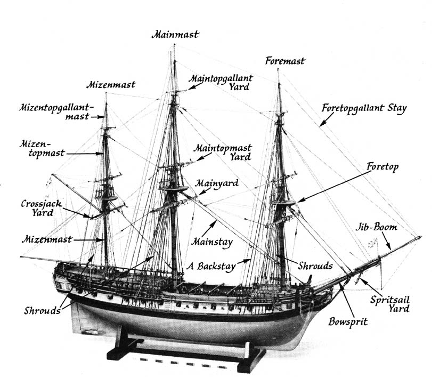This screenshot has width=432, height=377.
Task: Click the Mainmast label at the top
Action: pyautogui.click(x=175, y=35)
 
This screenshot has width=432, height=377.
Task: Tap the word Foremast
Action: pyautogui.click(x=285, y=61)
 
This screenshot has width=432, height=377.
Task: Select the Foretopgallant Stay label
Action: pyautogui.click(x=364, y=108)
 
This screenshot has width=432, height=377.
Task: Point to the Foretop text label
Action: pyautogui.click(x=382, y=167)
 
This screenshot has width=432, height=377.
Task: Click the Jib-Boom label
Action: pyautogui.click(x=377, y=227)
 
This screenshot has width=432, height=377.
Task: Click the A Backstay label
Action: pyautogui.click(x=211, y=266)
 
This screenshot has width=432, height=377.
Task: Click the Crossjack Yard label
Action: pyautogui.click(x=37, y=208)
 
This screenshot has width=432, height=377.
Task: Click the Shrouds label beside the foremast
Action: pyautogui.click(x=315, y=265)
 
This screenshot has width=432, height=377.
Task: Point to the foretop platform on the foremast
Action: pyautogui.click(x=282, y=203)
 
